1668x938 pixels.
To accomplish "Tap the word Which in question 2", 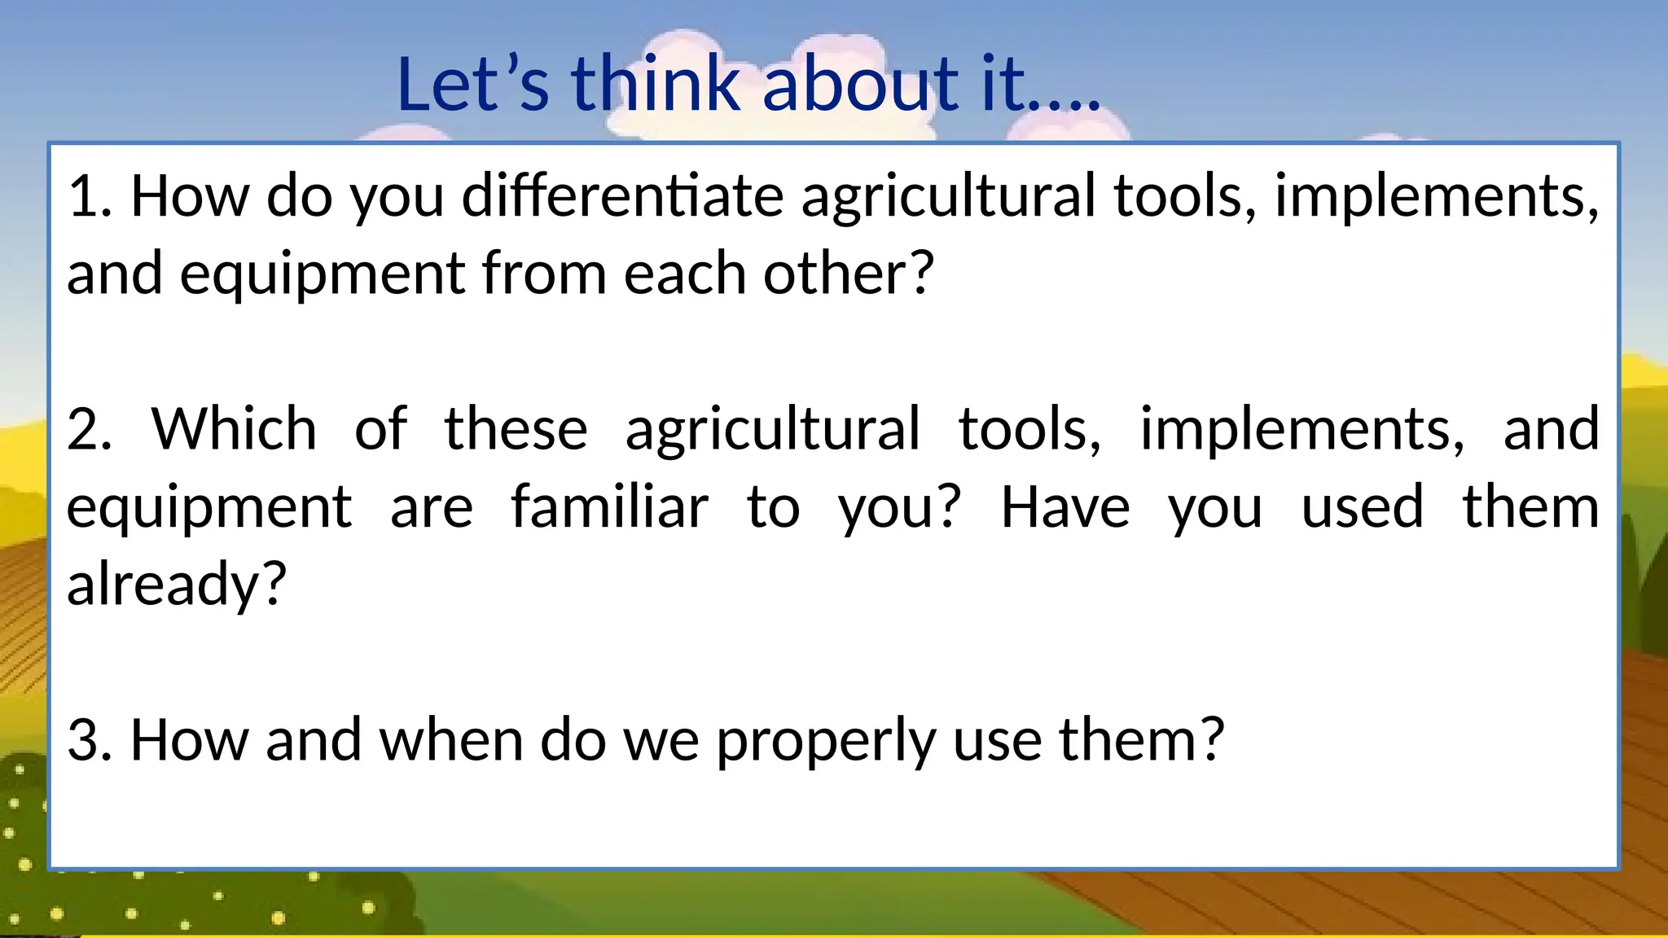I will coord(234,429).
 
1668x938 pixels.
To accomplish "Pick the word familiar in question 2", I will coord(609,507).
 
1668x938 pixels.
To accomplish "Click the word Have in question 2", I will coord(1064,507).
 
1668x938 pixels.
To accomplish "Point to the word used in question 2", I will coord(1362,507).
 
